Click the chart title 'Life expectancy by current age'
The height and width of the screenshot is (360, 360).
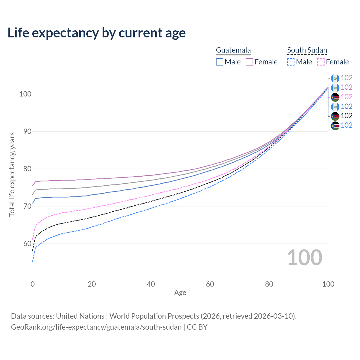(96, 33)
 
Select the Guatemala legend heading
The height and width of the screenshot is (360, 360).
(233, 50)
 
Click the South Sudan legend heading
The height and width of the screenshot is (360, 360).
(307, 50)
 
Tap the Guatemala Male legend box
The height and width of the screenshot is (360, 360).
(220, 62)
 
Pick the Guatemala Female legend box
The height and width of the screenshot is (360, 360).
(249, 62)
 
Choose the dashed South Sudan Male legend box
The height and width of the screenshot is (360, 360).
(291, 62)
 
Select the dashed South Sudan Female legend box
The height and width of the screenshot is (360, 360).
(321, 62)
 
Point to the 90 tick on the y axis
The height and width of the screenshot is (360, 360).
(25, 131)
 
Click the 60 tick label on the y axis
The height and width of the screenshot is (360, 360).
(25, 244)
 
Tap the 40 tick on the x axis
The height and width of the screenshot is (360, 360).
(151, 284)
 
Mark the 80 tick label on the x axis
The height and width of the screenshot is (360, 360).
(269, 284)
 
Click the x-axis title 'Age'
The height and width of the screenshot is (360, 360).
(180, 293)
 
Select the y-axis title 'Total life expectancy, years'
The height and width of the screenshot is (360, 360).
(12, 175)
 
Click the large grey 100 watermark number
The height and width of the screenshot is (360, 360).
(305, 258)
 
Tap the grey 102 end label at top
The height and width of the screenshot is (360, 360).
(346, 78)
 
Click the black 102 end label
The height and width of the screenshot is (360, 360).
(346, 116)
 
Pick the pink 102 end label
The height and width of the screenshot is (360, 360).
(346, 97)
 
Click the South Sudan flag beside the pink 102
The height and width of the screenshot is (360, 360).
(335, 97)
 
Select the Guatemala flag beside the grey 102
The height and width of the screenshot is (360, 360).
(335, 78)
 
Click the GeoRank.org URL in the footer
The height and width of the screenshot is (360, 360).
(96, 327)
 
